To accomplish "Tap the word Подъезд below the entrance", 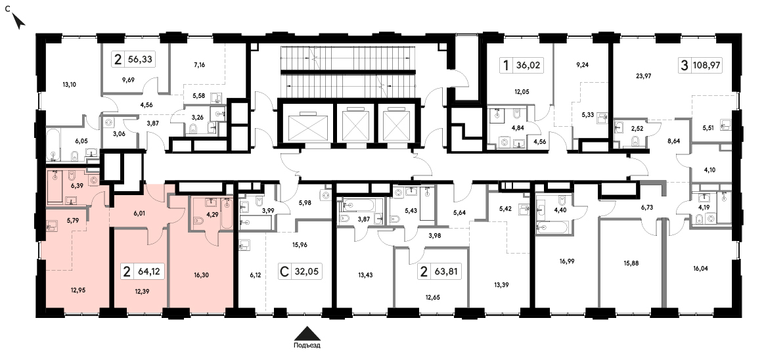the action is pos(307,346).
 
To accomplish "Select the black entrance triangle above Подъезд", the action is pos(307,334).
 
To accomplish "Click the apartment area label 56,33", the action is pos(140,60).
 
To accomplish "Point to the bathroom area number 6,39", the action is pos(76,186).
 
